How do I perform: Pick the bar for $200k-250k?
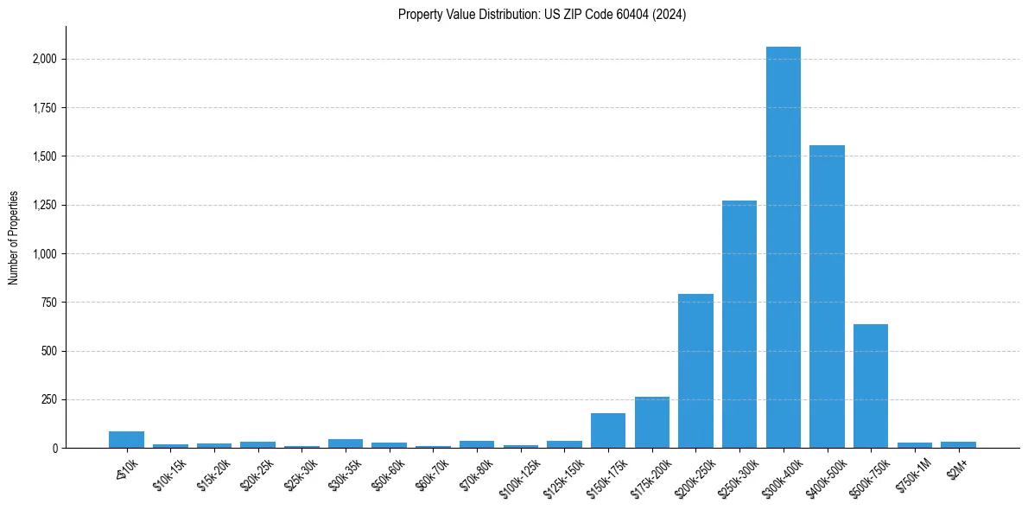(x=695, y=371)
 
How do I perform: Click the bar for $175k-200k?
(x=652, y=423)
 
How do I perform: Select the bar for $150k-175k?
(x=608, y=430)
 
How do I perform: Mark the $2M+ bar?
(x=958, y=444)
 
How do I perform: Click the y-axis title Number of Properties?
(x=13, y=238)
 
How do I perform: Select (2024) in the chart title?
(x=670, y=15)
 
